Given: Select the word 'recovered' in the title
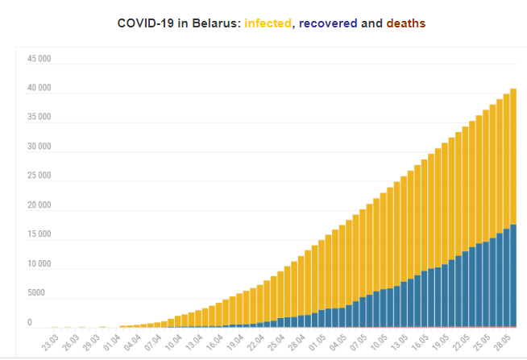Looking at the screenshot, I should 327,23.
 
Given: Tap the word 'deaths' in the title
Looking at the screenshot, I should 406,23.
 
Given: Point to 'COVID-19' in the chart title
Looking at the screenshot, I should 144,23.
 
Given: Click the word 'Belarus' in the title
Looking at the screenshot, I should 213,23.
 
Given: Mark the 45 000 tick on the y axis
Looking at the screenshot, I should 39,59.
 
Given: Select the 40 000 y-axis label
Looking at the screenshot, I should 39,89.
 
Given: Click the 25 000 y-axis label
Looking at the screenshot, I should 39,176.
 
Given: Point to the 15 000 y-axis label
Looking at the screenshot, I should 39,235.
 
